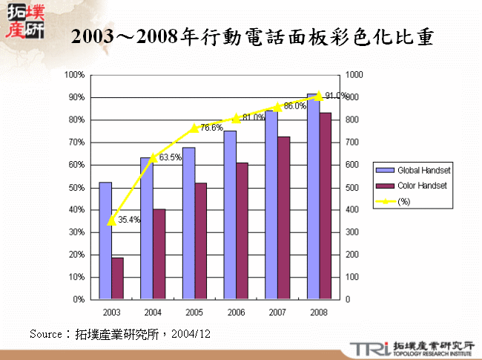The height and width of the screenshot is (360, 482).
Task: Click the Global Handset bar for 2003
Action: click(105, 240)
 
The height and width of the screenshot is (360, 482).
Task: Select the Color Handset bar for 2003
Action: click(118, 278)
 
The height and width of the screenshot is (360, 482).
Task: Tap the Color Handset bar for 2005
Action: click(201, 241)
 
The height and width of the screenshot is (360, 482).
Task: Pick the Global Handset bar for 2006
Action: click(230, 215)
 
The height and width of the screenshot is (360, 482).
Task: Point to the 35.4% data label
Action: click(129, 219)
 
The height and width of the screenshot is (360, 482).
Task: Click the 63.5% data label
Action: click(170, 157)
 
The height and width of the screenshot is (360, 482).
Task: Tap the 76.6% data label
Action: click(211, 128)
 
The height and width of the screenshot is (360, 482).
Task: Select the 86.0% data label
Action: click(294, 106)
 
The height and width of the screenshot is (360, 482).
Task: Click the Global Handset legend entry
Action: click(417, 170)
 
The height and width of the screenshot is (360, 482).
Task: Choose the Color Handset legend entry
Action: click(416, 186)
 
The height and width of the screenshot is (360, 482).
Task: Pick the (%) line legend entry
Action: click(393, 201)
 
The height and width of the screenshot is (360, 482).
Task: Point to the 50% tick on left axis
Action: click(75, 188)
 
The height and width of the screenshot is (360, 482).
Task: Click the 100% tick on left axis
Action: click(73, 75)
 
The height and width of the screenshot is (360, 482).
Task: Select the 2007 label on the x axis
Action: click(277, 312)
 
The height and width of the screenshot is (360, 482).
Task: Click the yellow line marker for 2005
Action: click(195, 128)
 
